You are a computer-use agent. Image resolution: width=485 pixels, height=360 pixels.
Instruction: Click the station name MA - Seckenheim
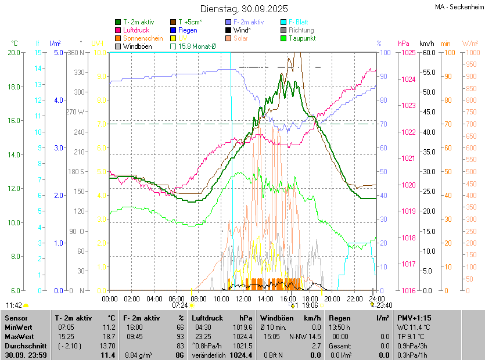tap(459, 6)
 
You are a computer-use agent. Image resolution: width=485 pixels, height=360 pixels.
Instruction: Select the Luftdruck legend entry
tap(137, 30)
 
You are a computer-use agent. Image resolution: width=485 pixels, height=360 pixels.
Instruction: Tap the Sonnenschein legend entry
tap(143, 38)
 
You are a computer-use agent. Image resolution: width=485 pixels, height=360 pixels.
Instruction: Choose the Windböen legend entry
tap(137, 46)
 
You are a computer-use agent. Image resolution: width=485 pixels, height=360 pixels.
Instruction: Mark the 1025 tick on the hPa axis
tap(409, 53)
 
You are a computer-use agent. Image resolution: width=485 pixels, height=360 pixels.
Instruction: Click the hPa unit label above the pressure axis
tap(404, 44)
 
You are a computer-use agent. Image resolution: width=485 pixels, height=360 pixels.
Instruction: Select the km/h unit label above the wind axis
tap(426, 44)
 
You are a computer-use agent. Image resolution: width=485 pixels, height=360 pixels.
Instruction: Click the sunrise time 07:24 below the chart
tap(180, 305)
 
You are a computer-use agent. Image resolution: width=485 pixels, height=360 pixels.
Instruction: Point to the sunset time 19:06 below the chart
tap(311, 305)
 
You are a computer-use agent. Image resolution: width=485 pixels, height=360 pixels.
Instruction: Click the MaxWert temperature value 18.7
tap(108, 336)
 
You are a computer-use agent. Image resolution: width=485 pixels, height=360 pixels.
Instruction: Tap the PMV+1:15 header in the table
tap(414, 318)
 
